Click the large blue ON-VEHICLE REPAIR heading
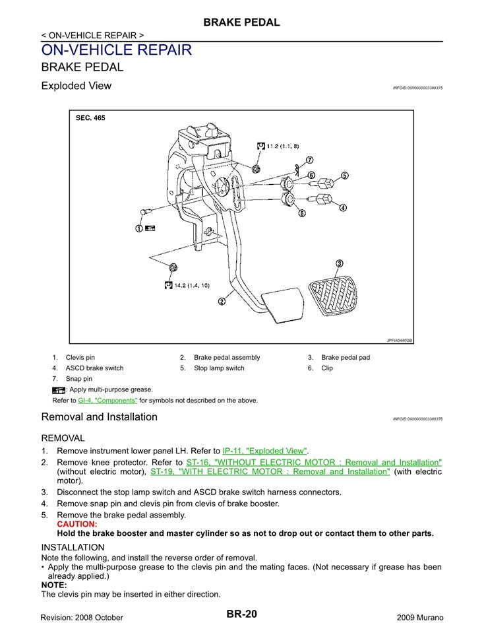click(x=117, y=50)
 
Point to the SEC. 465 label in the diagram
click(x=90, y=118)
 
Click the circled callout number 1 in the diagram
click(x=139, y=228)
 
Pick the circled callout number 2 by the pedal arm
click(x=222, y=302)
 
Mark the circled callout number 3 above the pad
click(x=339, y=263)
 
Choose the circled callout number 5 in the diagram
click(x=344, y=176)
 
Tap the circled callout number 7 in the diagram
click(x=309, y=160)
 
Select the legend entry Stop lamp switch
click(x=219, y=368)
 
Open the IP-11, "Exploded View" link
click(x=265, y=450)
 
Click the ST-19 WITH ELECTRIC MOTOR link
click(x=270, y=472)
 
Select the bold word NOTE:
click(x=54, y=585)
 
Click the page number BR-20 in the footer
click(x=241, y=614)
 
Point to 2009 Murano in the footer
click(x=420, y=616)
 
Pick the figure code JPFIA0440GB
click(x=399, y=341)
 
